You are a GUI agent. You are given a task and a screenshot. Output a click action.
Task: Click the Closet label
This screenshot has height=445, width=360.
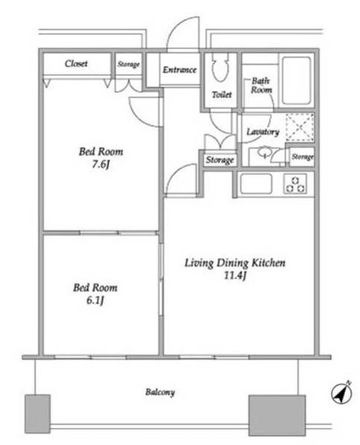click(76, 63)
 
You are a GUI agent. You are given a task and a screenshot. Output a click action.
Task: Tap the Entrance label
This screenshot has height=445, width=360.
click(180, 70)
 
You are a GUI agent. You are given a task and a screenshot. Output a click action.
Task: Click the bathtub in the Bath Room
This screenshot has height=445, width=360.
click(297, 81)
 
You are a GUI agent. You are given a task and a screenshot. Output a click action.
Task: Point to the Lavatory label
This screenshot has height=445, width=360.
click(262, 132)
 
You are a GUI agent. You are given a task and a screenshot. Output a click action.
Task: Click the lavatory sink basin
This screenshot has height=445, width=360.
click(265, 152)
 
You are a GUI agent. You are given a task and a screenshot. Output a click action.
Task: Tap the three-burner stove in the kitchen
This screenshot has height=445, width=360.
click(295, 184)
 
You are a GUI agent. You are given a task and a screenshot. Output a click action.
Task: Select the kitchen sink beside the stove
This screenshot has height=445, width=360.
click(256, 183)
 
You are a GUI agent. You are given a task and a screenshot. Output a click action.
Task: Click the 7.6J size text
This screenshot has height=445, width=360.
click(101, 165)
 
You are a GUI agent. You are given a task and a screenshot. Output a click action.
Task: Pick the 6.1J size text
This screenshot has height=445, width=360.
click(95, 300)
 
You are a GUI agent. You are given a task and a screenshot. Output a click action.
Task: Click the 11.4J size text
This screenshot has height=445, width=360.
click(236, 276)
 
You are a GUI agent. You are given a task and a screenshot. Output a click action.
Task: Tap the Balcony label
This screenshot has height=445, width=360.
click(160, 393)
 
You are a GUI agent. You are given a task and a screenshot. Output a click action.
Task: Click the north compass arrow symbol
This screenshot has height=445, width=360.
click(342, 393)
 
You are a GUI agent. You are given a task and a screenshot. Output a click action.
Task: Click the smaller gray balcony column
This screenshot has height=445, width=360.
click(37, 414)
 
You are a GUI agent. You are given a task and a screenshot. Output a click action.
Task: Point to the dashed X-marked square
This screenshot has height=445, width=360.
click(300, 127)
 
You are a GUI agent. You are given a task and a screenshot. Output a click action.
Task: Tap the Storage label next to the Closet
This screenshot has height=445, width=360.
click(128, 64)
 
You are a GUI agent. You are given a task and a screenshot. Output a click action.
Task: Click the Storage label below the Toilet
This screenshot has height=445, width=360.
click(220, 160)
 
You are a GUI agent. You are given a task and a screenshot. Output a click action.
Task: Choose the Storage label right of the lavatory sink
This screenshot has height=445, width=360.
click(303, 157)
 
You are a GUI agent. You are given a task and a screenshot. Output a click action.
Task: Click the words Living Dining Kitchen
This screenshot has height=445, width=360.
click(235, 263)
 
